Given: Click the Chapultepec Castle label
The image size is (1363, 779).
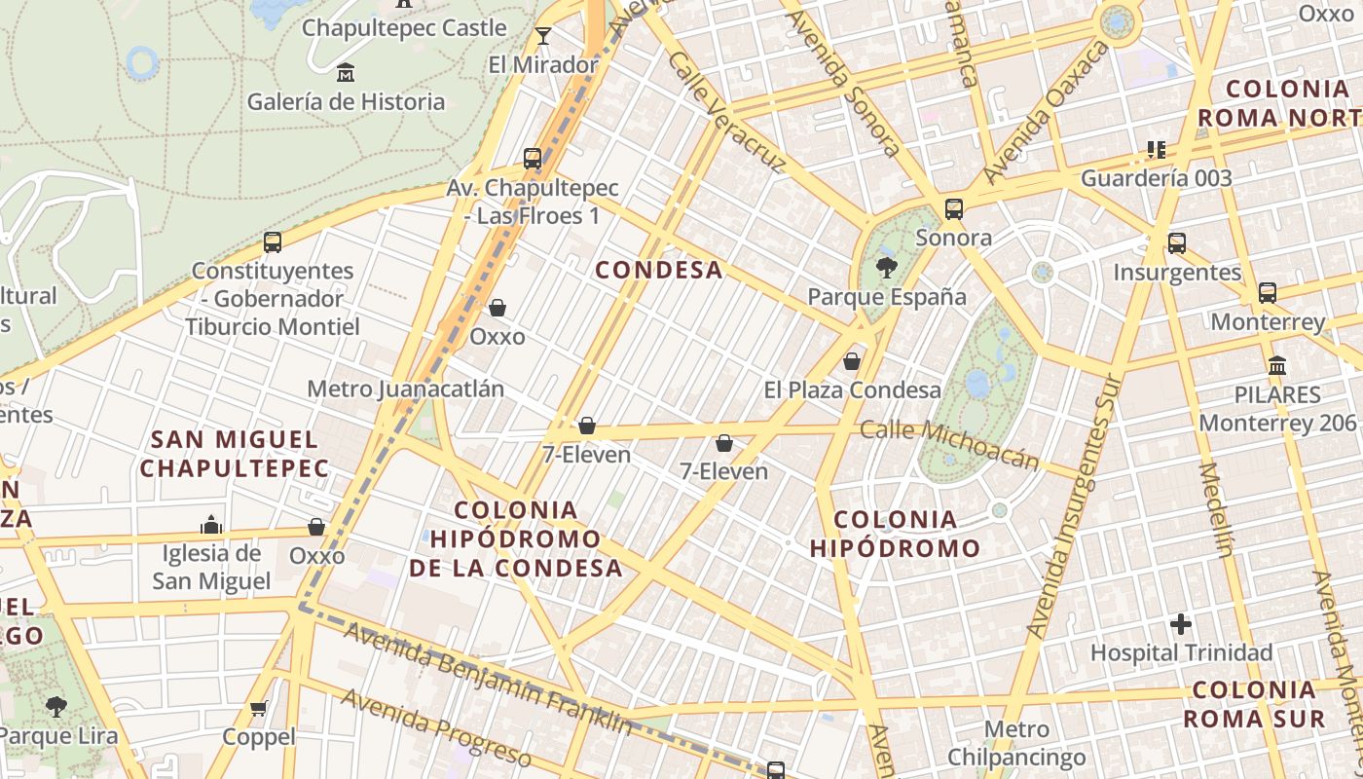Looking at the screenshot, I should [404, 27].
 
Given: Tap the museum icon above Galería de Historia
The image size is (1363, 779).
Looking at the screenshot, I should [345, 72].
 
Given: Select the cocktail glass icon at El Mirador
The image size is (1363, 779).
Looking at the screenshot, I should [543, 37].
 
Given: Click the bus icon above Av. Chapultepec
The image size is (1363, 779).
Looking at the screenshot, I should [533, 158].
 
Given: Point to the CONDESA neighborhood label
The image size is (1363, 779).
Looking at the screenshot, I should [659, 270].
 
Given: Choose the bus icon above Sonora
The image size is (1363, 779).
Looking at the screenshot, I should [954, 208].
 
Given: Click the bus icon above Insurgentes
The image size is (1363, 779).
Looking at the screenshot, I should [1177, 242].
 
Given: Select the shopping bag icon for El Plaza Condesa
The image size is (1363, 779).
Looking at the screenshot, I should [852, 361].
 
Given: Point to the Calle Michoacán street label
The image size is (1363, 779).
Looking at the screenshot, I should [949, 443].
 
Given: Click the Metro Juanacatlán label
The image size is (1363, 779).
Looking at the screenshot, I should [406, 389].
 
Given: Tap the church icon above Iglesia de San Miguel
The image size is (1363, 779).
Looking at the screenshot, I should [211, 526].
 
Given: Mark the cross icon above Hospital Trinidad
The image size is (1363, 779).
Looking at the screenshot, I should [1181, 623].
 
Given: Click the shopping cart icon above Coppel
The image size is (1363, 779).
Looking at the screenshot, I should [258, 708].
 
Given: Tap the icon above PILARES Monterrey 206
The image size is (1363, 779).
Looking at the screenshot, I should [1277, 366].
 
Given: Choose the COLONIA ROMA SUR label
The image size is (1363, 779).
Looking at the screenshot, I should [1254, 704].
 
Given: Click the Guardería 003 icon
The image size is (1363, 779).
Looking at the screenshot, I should [1157, 150].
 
